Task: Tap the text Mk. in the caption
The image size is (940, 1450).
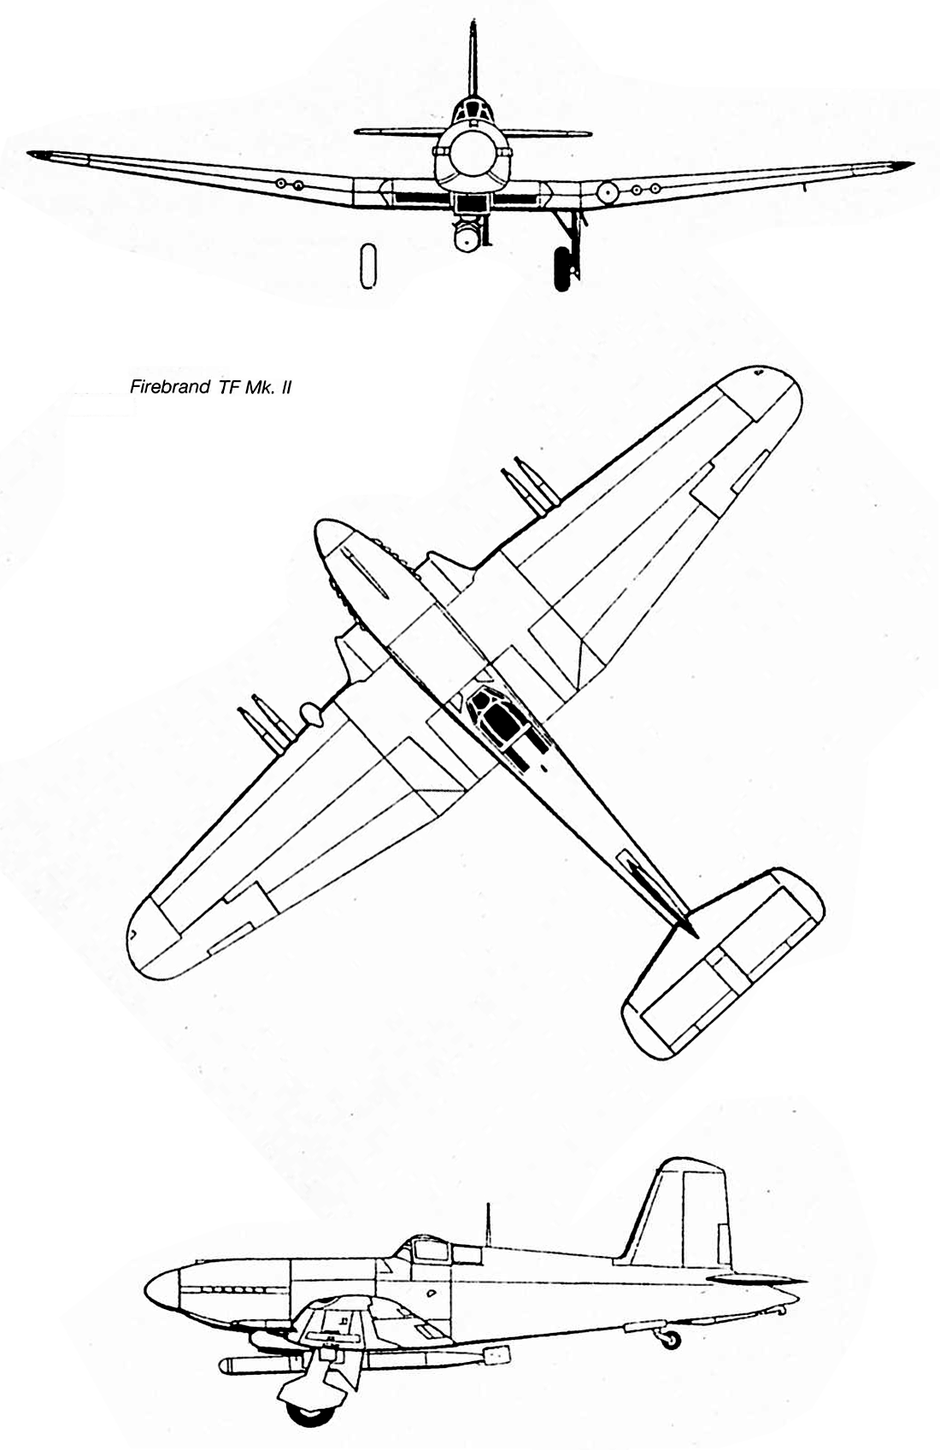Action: tap(255, 387)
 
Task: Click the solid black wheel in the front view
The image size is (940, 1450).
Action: tap(564, 268)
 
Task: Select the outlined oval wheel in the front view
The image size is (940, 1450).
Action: tap(367, 265)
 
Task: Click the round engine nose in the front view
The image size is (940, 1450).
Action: tap(471, 154)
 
